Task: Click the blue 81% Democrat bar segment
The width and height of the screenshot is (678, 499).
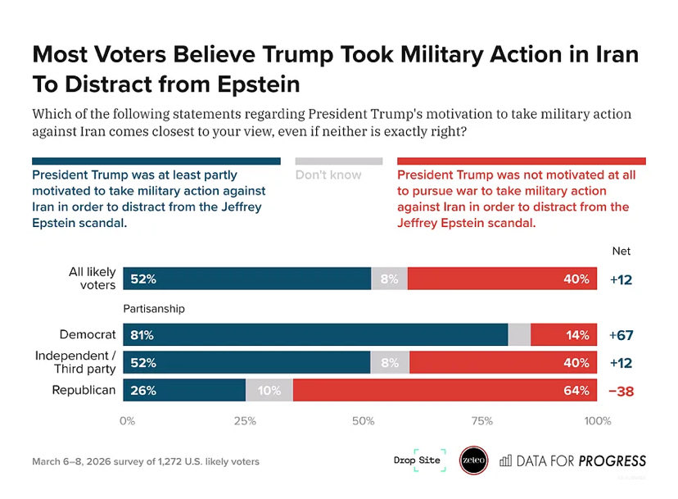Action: coord(315,334)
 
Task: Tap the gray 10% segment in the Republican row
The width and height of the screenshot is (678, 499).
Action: coord(269,391)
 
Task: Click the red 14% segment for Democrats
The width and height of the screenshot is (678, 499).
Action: coord(566,334)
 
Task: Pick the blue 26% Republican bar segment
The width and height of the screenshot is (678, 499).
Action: coord(184,391)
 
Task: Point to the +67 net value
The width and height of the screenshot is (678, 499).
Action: coord(621,335)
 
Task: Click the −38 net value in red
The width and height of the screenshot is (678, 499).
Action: coord(621,391)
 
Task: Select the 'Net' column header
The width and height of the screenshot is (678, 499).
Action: coord(621,251)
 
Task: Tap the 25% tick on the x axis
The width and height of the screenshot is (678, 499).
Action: coord(245,421)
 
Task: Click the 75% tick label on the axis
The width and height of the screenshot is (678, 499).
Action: coord(481,421)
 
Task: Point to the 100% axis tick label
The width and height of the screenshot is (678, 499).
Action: coord(597,421)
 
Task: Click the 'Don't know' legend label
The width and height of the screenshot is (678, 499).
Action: coord(328,175)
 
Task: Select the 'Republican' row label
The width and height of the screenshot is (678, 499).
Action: coord(84,390)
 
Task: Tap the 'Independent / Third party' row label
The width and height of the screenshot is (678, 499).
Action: coord(75,362)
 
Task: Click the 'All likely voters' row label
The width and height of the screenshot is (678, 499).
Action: coord(92,279)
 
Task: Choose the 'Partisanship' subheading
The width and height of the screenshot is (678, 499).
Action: coord(154,309)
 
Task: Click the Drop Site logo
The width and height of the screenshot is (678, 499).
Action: coord(419,460)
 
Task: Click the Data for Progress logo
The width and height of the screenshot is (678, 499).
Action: coord(572,460)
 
